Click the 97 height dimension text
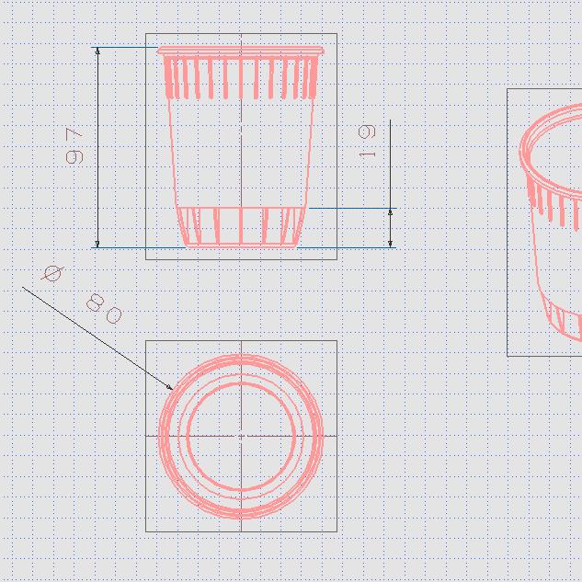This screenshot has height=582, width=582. coord(74,146)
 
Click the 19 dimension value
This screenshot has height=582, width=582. coord(367,142)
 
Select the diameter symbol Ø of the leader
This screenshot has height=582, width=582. coord(52,274)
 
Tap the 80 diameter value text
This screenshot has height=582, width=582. coord(104,309)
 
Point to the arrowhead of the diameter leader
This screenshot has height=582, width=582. coord(170,387)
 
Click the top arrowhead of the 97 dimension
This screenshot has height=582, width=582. coord(97,51)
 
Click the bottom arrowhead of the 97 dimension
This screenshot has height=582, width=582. coord(97,244)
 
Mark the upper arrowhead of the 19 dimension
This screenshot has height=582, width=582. coord(390,212)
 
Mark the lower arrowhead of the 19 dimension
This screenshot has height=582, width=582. coord(390,244)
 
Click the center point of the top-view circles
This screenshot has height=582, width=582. coord(241,436)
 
